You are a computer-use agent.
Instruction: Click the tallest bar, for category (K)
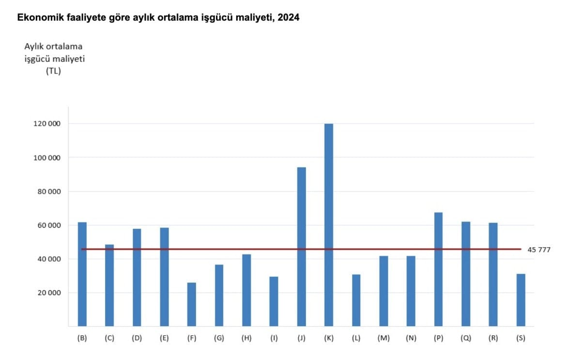[x=329, y=225]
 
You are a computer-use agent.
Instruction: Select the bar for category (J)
[x=301, y=247]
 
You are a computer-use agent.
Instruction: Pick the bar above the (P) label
[x=438, y=269]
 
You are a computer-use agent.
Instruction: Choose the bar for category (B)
[x=82, y=274]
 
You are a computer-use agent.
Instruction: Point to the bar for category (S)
[x=520, y=300]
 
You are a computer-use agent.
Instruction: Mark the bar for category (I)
[x=274, y=301]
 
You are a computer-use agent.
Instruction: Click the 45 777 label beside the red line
[x=539, y=250]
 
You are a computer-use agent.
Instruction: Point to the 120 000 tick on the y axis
[x=47, y=124]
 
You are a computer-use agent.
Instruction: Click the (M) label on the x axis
[x=383, y=339]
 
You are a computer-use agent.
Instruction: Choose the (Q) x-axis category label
[x=466, y=339]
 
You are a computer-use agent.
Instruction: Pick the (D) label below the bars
[x=137, y=339]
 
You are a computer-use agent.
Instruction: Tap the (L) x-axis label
[x=356, y=339]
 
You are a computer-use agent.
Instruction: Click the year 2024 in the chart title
[x=289, y=18]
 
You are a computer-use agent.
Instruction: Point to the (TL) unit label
[x=53, y=71]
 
